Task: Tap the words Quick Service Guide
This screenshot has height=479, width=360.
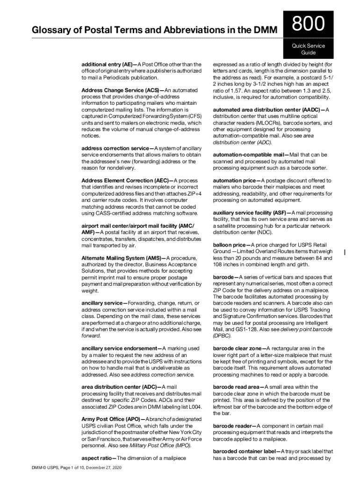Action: tap(308, 49)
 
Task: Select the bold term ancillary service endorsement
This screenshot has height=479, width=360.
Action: tap(119, 348)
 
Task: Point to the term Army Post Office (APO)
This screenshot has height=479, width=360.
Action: tap(110, 420)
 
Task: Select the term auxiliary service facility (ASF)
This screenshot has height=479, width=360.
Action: tap(249, 213)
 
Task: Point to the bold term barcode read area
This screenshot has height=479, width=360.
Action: tap(237, 387)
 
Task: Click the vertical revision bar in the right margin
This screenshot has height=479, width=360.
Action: tap(345, 253)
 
